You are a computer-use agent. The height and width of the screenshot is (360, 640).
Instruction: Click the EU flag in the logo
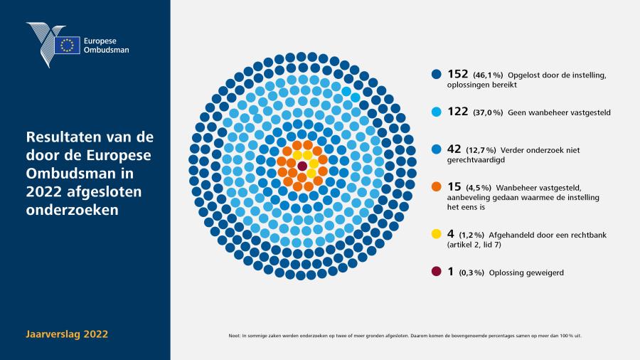click(x=68, y=45)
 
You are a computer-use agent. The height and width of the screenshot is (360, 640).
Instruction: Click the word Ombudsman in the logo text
click(x=106, y=51)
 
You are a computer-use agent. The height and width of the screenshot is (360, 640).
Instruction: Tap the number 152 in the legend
click(x=457, y=74)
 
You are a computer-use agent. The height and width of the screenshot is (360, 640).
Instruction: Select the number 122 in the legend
click(x=457, y=112)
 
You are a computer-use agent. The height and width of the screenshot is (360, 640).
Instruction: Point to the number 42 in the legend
click(x=454, y=149)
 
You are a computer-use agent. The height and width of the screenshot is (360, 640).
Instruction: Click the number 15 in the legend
click(x=454, y=186)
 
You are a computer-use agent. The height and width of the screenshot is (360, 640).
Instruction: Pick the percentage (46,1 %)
click(x=488, y=75)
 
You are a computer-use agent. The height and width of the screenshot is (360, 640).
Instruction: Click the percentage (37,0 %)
click(x=488, y=112)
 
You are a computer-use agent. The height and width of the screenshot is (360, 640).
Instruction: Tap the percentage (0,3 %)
click(x=471, y=272)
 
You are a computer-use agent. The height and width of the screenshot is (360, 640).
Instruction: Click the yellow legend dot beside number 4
click(x=437, y=234)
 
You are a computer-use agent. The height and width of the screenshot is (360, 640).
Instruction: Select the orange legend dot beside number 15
click(x=437, y=186)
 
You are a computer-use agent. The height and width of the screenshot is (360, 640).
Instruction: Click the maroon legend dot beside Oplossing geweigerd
click(x=437, y=272)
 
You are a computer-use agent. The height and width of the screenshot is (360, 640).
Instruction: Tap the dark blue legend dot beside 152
click(x=437, y=74)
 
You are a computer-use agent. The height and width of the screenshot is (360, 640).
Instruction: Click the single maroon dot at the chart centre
click(x=302, y=166)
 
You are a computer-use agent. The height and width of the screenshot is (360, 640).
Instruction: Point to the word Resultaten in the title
click(x=63, y=137)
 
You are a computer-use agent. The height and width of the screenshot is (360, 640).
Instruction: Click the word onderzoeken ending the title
click(x=73, y=210)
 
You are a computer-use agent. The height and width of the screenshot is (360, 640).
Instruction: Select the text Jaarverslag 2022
click(x=67, y=334)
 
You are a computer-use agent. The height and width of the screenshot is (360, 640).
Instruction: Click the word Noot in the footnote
click(x=234, y=336)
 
